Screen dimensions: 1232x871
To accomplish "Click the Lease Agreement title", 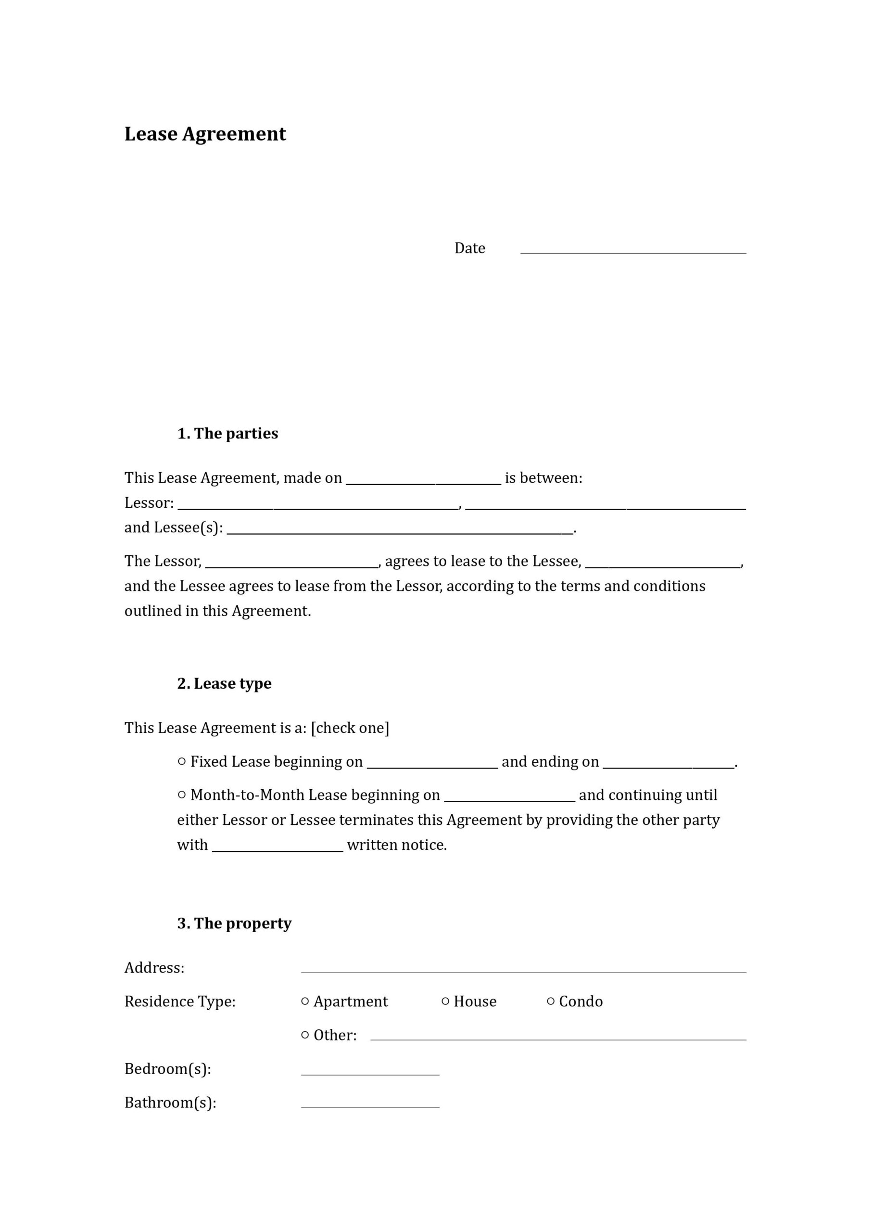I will [x=205, y=134].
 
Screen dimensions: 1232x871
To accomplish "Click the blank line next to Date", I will [x=633, y=248].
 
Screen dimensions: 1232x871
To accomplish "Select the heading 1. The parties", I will [x=227, y=433].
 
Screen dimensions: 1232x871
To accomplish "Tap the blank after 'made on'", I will [x=423, y=479].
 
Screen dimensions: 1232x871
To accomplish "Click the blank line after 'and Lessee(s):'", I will [x=400, y=529].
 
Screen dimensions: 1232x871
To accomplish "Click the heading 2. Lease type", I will [x=224, y=683].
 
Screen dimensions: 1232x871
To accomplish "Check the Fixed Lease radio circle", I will [x=182, y=761].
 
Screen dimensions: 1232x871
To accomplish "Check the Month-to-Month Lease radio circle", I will [x=182, y=794].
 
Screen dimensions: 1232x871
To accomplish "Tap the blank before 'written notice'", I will [x=278, y=846].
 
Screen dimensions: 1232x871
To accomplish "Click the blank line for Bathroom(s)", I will [x=370, y=1103].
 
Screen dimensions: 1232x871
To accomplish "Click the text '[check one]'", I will [x=350, y=728].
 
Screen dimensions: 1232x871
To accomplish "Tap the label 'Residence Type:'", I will [x=180, y=1001].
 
